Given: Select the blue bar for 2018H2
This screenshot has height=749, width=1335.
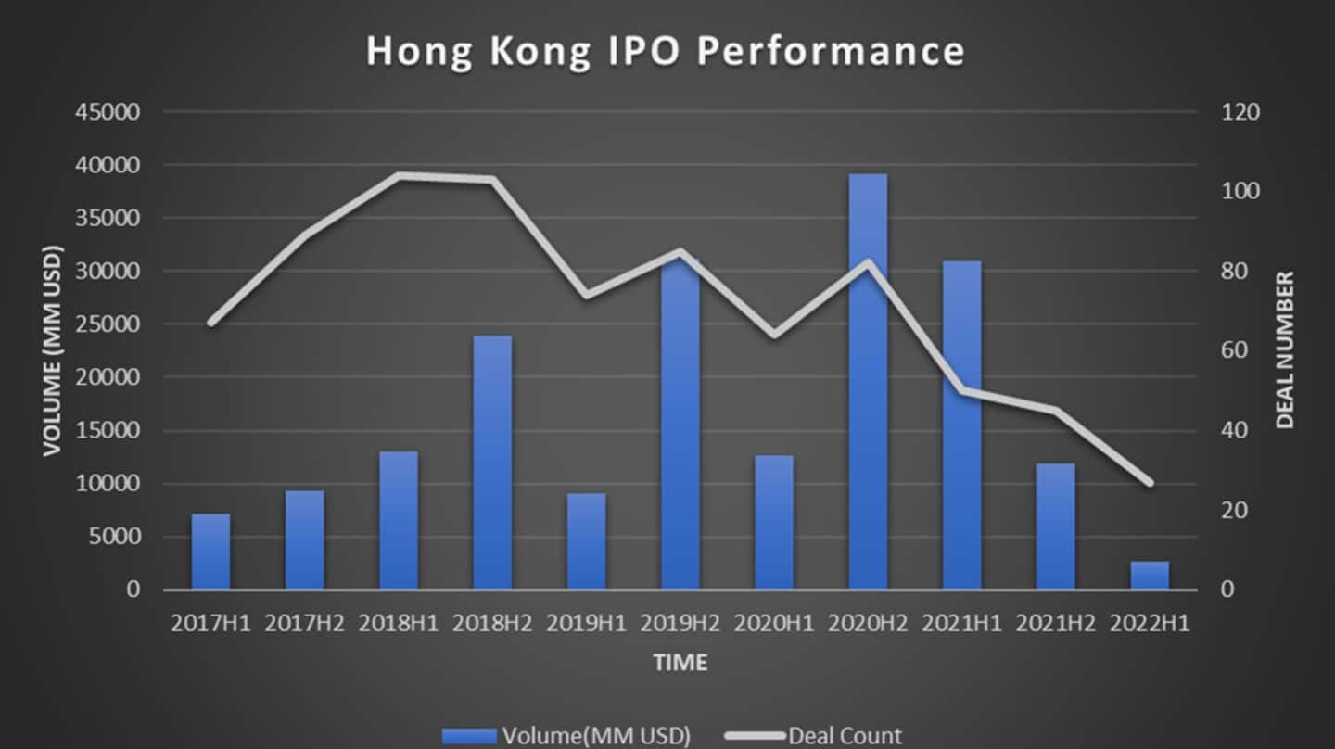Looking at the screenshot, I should pyautogui.click(x=492, y=463).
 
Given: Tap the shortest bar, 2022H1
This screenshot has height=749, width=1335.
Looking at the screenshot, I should pyautogui.click(x=1150, y=575).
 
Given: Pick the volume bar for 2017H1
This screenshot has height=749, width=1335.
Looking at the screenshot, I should pyautogui.click(x=210, y=552).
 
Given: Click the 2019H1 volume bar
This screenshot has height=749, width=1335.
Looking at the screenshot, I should pyautogui.click(x=586, y=541).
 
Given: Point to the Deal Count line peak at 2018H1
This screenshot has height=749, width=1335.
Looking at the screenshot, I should pyautogui.click(x=399, y=174).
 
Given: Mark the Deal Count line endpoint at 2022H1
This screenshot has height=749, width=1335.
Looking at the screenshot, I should pyautogui.click(x=1150, y=483).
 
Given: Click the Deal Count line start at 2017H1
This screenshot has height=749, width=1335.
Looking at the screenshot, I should pyautogui.click(x=210, y=323).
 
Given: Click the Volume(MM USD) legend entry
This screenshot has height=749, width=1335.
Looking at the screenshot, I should pyautogui.click(x=566, y=736).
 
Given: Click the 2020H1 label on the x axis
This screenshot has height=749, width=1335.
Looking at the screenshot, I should pyautogui.click(x=774, y=623).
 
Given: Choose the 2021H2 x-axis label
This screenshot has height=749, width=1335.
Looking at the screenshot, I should pyautogui.click(x=1055, y=623).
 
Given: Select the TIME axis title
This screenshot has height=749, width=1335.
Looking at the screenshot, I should pyautogui.click(x=680, y=662).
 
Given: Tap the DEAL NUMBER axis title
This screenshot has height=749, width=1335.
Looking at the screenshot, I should pyautogui.click(x=1284, y=350).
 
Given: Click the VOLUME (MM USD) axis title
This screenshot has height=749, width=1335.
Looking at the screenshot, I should pyautogui.click(x=52, y=350).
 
